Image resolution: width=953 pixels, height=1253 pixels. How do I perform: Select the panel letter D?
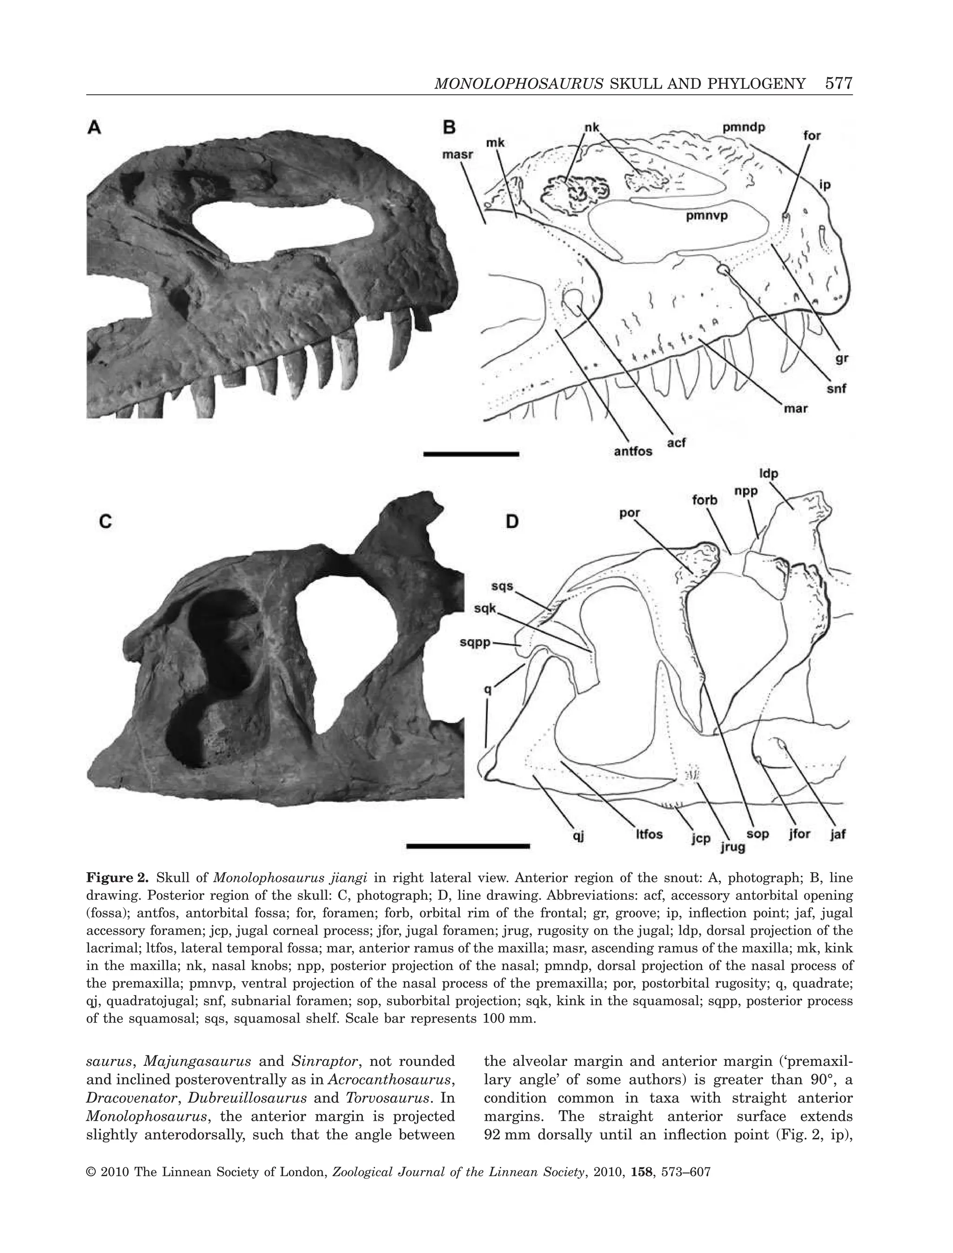512,521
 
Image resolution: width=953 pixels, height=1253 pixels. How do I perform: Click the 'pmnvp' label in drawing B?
707,216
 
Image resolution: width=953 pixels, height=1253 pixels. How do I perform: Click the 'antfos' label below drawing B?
632,451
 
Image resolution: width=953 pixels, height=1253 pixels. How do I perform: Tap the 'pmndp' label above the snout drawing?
744,127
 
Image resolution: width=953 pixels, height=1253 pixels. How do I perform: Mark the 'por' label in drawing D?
630,512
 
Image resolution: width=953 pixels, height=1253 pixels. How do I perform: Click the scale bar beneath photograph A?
471,454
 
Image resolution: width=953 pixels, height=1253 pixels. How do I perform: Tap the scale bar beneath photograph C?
468,846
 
